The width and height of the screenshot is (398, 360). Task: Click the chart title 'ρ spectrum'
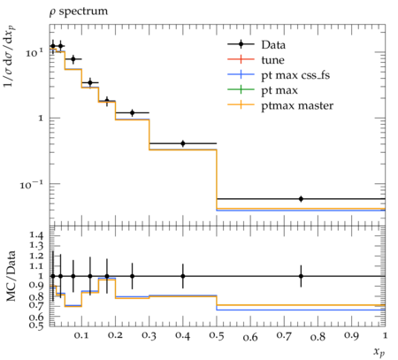[x=79, y=11]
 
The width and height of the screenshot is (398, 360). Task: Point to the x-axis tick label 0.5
[x=217, y=335]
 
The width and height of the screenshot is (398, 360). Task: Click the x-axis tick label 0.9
[x=351, y=335]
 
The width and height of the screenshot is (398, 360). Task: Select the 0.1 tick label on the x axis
[x=81, y=335]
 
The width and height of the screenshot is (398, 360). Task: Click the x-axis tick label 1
[x=385, y=335]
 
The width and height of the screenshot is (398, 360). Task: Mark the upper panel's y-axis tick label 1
[x=41, y=119]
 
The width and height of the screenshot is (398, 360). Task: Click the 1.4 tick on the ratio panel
[x=36, y=235]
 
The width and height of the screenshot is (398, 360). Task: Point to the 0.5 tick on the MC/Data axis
[x=36, y=326]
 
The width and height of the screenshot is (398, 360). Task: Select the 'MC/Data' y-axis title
[x=11, y=276]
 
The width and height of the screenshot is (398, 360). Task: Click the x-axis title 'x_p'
[x=379, y=351]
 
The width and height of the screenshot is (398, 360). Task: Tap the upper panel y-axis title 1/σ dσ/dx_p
[x=10, y=57]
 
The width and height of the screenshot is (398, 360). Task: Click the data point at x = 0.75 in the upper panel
[x=301, y=199]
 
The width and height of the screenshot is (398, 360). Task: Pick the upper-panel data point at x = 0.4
[x=183, y=143]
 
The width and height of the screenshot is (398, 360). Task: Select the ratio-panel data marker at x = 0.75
[x=301, y=276]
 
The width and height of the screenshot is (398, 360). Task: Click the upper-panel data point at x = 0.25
[x=133, y=113]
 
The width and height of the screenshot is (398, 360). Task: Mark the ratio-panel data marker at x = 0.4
[x=183, y=276]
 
